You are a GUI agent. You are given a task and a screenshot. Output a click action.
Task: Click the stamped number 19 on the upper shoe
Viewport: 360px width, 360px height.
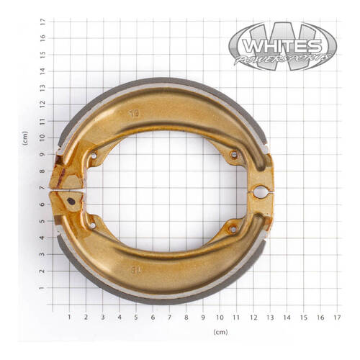pyautogui.click(x=133, y=113)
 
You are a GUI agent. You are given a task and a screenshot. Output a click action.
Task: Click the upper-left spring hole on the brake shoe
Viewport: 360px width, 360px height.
pyautogui.click(x=93, y=155)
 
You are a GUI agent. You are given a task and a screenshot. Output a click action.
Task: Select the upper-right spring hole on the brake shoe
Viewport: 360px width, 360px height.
pyautogui.click(x=233, y=154)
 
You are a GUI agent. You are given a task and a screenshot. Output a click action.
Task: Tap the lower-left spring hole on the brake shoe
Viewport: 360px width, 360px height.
pyautogui.click(x=92, y=226)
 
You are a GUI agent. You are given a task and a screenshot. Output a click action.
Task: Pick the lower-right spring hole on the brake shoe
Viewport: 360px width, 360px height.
pyautogui.click(x=232, y=229)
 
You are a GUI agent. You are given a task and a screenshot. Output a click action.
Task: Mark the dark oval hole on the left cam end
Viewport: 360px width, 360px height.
pyautogui.click(x=71, y=202)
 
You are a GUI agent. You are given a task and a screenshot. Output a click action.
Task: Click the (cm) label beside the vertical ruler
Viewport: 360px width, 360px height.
pyautogui.click(x=25, y=139)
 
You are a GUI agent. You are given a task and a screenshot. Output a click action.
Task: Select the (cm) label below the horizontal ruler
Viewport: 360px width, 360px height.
pyautogui.click(x=220, y=332)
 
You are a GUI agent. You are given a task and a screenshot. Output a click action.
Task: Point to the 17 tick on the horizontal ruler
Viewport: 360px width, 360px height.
pyautogui.click(x=338, y=316)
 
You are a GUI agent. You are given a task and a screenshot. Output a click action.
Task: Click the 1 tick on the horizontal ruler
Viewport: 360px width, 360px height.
pyautogui.click(x=69, y=316)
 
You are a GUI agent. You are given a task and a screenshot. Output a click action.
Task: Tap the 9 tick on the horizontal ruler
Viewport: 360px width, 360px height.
pyautogui.click(x=203, y=316)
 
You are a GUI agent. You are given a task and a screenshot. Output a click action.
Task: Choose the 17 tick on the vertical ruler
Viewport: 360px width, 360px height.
pyautogui.click(x=43, y=22)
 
